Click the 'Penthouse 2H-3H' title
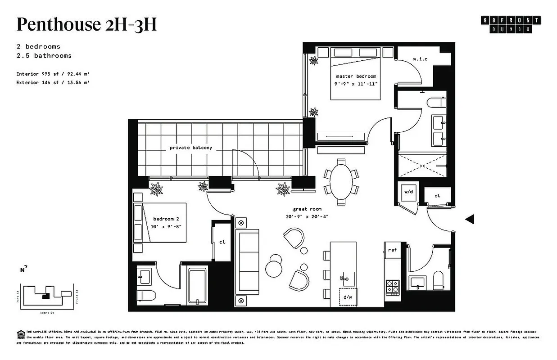pyautogui.click(x=86, y=24)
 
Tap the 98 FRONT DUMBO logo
pyautogui.click(x=511, y=25)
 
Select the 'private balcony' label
pyautogui.click(x=190, y=148)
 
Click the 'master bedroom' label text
pyautogui.click(x=356, y=76)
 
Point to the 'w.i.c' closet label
pyautogui.click(x=420, y=59)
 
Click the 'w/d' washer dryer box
pyautogui.click(x=408, y=192)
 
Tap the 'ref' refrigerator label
pyautogui.click(x=392, y=250)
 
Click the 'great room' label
pyautogui.click(x=307, y=209)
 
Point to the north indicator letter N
pyautogui.click(x=22, y=270)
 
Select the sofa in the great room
pyautogui.click(x=247, y=267)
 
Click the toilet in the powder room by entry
pyautogui.click(x=438, y=281)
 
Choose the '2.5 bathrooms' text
pyautogui.click(x=44, y=56)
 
